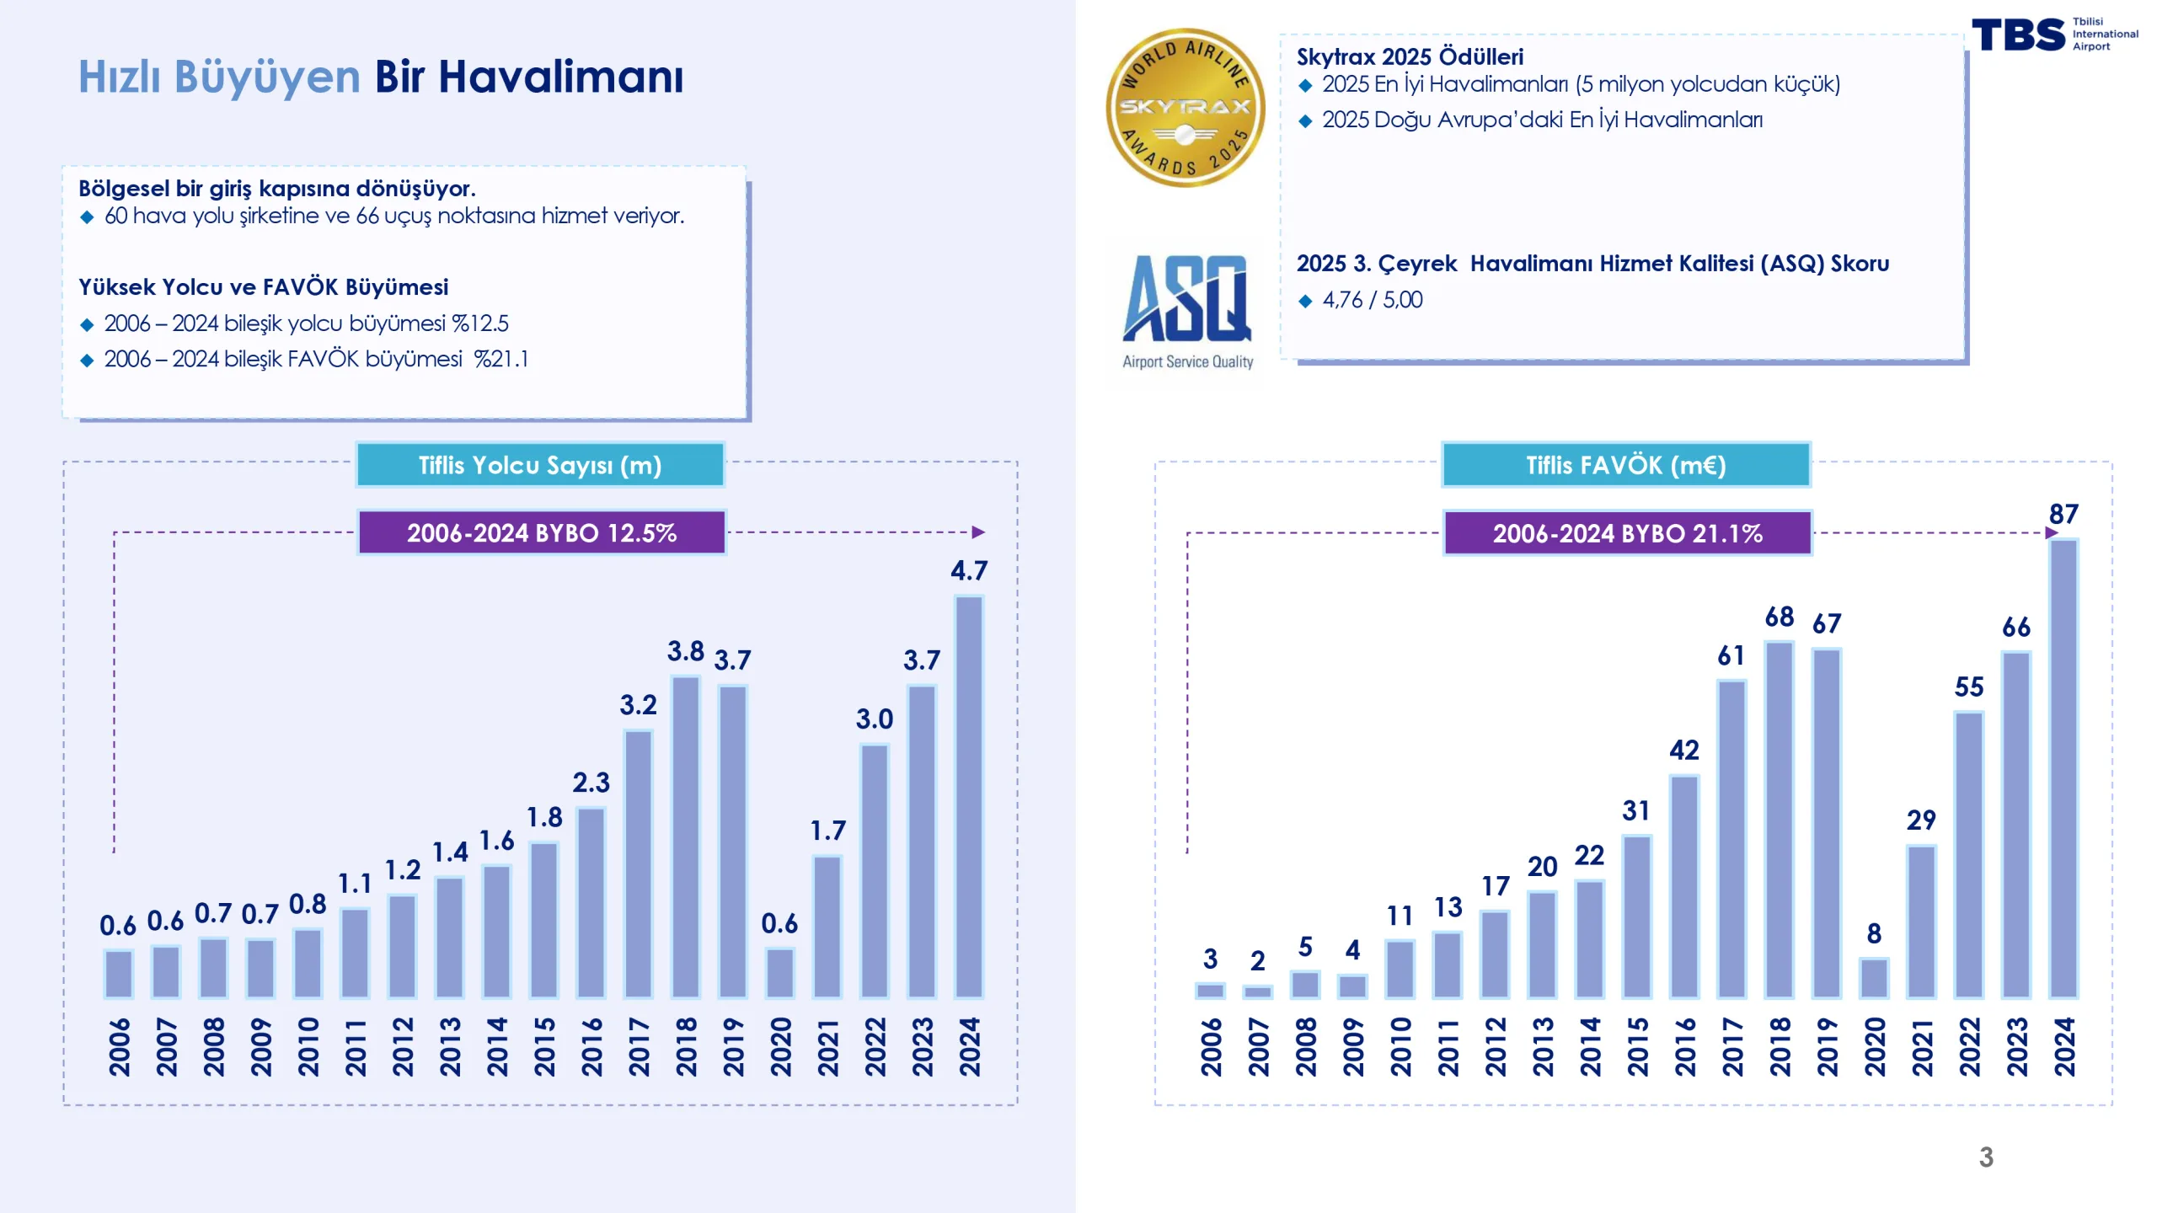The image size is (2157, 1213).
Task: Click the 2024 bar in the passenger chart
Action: [x=969, y=796]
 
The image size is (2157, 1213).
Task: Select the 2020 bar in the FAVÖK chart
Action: [x=1874, y=978]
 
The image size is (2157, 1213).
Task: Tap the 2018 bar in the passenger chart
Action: [x=686, y=836]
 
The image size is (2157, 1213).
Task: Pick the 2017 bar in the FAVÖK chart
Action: [x=1731, y=839]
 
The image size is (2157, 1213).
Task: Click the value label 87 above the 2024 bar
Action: [x=2063, y=514]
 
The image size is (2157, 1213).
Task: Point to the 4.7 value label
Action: [x=969, y=571]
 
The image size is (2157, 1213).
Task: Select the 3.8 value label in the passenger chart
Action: [x=686, y=651]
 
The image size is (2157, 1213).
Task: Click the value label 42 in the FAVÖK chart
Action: [x=1684, y=750]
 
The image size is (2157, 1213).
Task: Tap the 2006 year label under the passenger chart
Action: [x=120, y=1046]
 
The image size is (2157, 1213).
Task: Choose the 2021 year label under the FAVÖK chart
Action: [x=1922, y=1046]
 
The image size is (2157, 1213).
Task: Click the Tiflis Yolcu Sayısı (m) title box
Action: [x=540, y=465]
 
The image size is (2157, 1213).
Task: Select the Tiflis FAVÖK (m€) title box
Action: [x=1626, y=465]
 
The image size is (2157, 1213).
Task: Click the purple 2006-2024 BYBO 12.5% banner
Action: [x=542, y=532]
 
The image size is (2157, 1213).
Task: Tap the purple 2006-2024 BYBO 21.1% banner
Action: [x=1628, y=533]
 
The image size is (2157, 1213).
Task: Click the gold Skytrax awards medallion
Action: [x=1185, y=108]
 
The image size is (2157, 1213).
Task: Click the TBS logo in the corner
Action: [x=2019, y=35]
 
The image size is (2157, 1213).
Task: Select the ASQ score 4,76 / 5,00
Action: [x=1372, y=300]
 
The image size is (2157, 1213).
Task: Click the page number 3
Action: [x=1986, y=1157]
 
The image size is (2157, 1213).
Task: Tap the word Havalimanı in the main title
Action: [x=560, y=77]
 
